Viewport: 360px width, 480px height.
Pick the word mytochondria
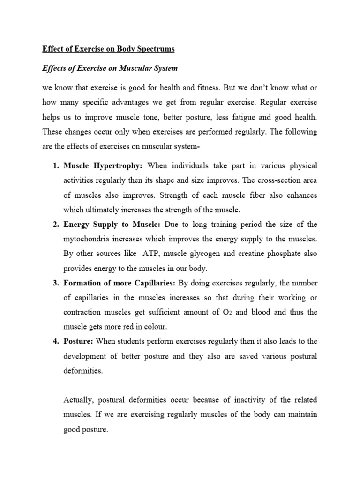pos(86,239)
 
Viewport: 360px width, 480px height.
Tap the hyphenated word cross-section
pos(269,180)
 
